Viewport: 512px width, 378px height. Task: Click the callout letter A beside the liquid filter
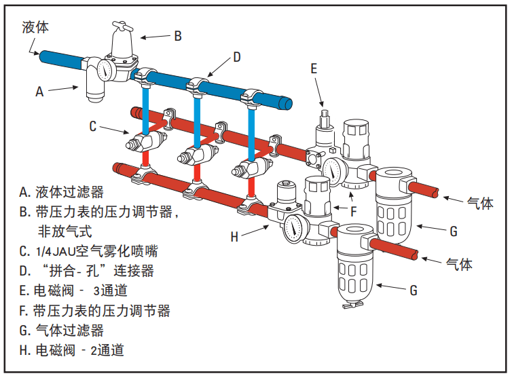coord(39,91)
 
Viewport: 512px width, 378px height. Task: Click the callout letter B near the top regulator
coord(178,36)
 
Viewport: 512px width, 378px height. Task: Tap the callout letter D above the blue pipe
coord(237,58)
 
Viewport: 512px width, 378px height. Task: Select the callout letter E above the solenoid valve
coord(314,68)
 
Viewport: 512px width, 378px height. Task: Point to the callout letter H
coord(234,237)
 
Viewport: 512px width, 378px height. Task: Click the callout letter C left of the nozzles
coord(94,126)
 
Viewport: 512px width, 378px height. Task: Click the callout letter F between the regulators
coord(353,211)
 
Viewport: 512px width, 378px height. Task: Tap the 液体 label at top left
coord(35,27)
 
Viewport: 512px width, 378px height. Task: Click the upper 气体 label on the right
coord(479,203)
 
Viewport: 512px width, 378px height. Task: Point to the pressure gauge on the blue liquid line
coord(106,69)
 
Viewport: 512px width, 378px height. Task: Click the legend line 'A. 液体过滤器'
coord(61,191)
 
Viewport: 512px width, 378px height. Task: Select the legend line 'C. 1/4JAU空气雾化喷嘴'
coord(88,251)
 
